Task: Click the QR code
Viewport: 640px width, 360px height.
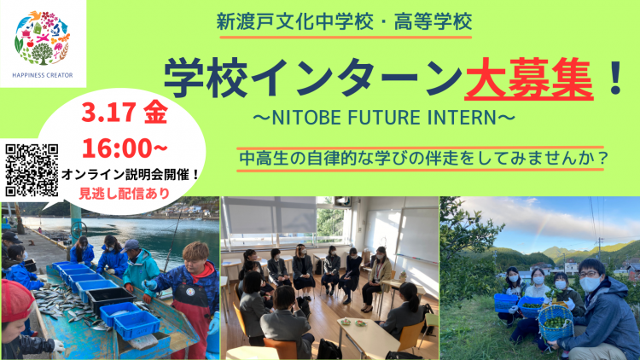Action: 32,171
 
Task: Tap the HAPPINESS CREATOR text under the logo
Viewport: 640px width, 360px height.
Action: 43,76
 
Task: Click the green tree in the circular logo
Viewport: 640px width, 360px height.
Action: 42,54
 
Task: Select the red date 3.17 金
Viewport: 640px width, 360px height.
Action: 125,113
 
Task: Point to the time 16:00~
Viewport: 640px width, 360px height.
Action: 125,148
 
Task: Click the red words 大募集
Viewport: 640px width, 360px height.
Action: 528,79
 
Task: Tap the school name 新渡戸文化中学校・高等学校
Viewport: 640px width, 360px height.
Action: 345,22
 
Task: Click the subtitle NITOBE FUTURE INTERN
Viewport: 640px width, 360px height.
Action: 384,118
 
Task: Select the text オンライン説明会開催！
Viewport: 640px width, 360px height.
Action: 131,175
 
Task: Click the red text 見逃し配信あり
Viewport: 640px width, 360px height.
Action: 125,193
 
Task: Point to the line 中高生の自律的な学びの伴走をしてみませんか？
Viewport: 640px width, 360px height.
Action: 423,159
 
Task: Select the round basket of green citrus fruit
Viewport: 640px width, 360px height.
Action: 556,322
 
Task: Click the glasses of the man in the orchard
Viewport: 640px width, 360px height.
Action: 589,274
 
